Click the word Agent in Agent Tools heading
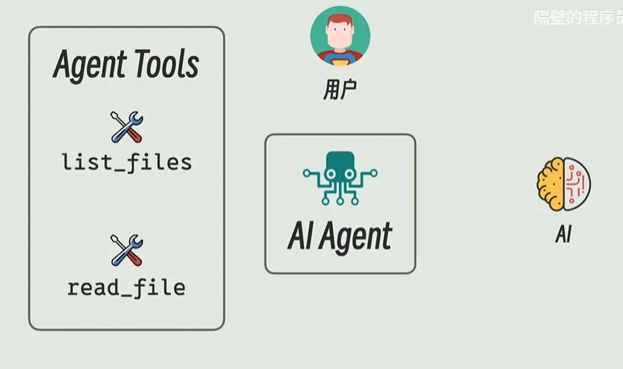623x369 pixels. [87, 66]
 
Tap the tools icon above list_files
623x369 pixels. [127, 127]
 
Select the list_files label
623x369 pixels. [127, 162]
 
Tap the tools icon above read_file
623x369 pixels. [127, 250]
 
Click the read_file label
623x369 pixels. [127, 287]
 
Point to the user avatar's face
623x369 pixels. [340, 37]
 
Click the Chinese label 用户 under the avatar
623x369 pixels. [340, 90]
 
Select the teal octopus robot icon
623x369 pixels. [339, 178]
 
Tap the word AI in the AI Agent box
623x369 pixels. [299, 236]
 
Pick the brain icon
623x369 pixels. [563, 183]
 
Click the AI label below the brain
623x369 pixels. [563, 234]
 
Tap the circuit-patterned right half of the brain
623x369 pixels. [576, 183]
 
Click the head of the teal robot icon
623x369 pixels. [339, 164]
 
